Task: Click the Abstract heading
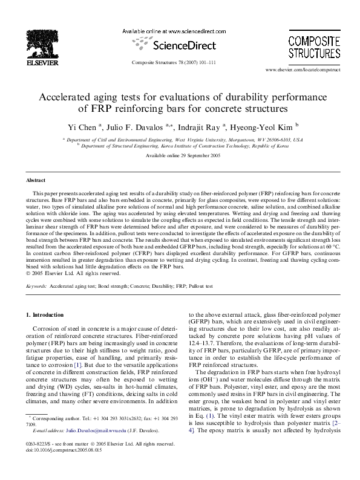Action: pos(36,181)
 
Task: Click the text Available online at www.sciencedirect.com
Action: pos(174,31)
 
